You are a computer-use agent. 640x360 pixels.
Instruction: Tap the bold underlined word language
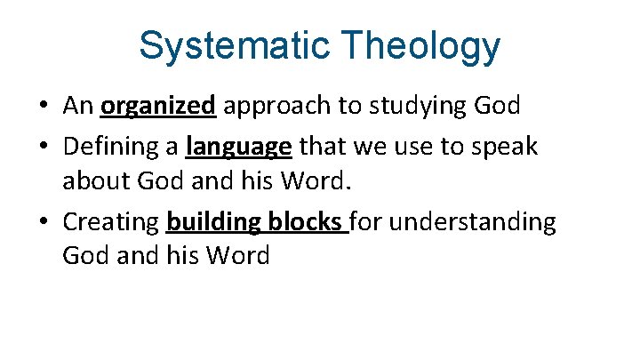239,146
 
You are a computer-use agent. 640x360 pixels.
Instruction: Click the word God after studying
497,107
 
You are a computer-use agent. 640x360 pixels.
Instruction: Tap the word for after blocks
370,222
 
